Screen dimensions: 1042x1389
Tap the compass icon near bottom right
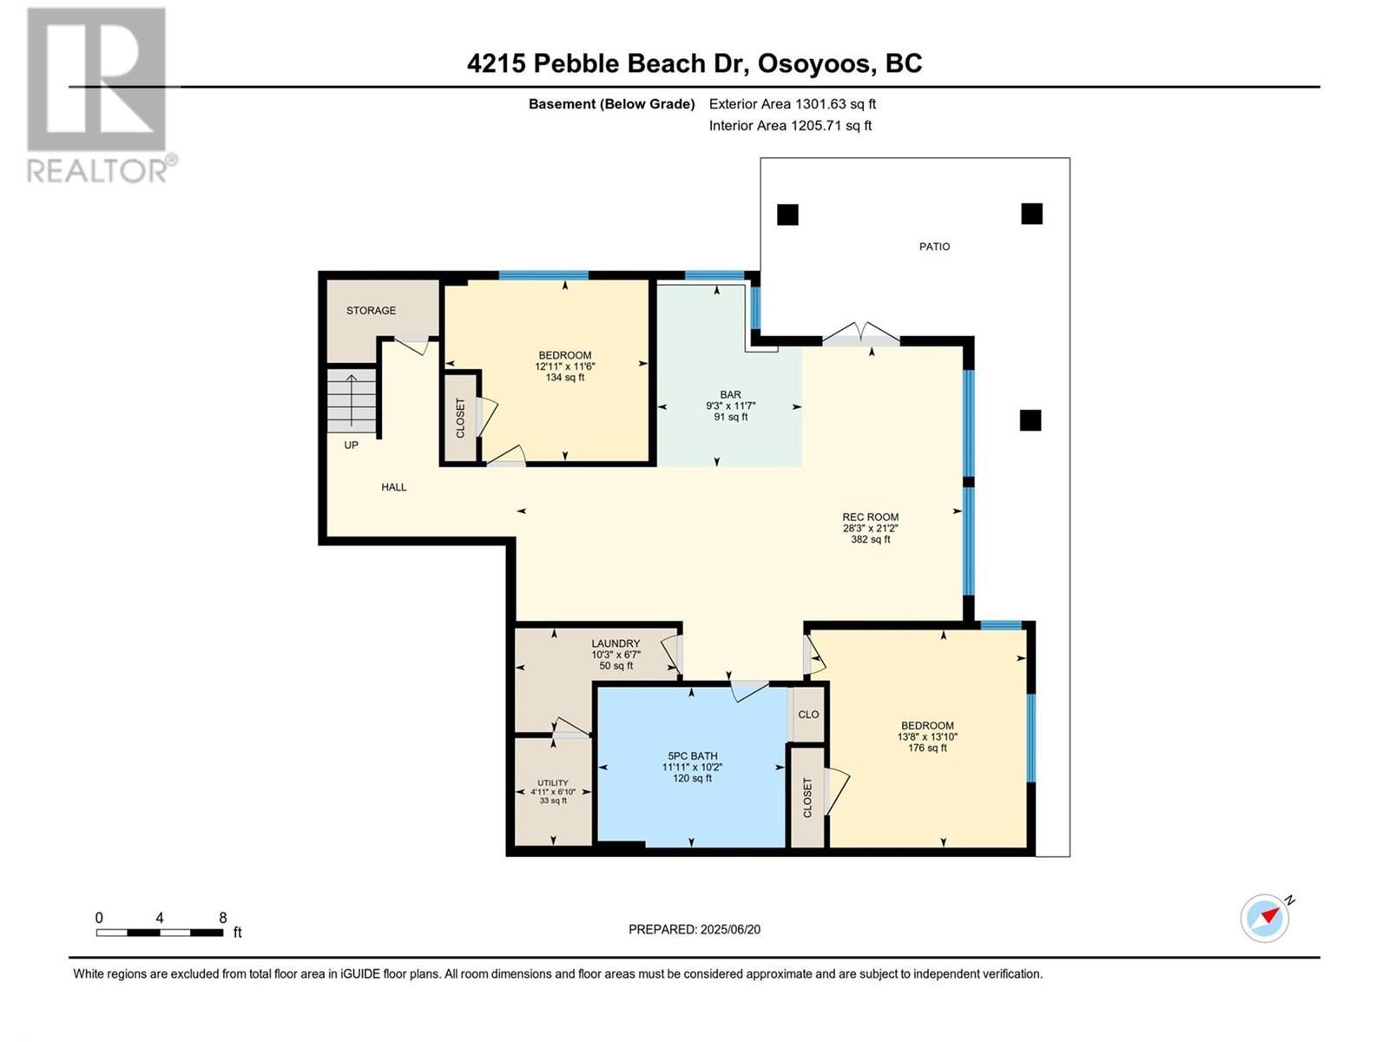coord(1265,917)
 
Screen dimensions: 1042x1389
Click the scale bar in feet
coord(160,933)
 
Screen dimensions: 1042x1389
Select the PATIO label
coord(934,247)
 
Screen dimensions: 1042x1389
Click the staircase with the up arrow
coord(352,399)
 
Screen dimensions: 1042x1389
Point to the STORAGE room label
coord(371,311)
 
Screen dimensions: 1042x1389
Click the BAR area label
coord(730,394)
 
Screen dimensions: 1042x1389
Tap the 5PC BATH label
coord(692,755)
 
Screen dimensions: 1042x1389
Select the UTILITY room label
coord(553,782)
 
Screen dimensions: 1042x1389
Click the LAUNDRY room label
coord(616,643)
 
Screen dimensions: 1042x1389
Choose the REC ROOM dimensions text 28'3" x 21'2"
coord(870,528)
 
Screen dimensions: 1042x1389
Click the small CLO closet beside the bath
coord(808,715)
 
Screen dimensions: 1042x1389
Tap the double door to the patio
coord(860,335)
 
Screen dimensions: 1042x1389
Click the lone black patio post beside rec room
coord(1030,420)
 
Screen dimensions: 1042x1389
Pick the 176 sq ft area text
coord(926,748)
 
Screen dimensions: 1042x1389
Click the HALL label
coord(393,487)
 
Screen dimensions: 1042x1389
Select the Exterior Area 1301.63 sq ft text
coord(792,104)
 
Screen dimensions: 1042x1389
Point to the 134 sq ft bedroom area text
coord(564,378)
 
